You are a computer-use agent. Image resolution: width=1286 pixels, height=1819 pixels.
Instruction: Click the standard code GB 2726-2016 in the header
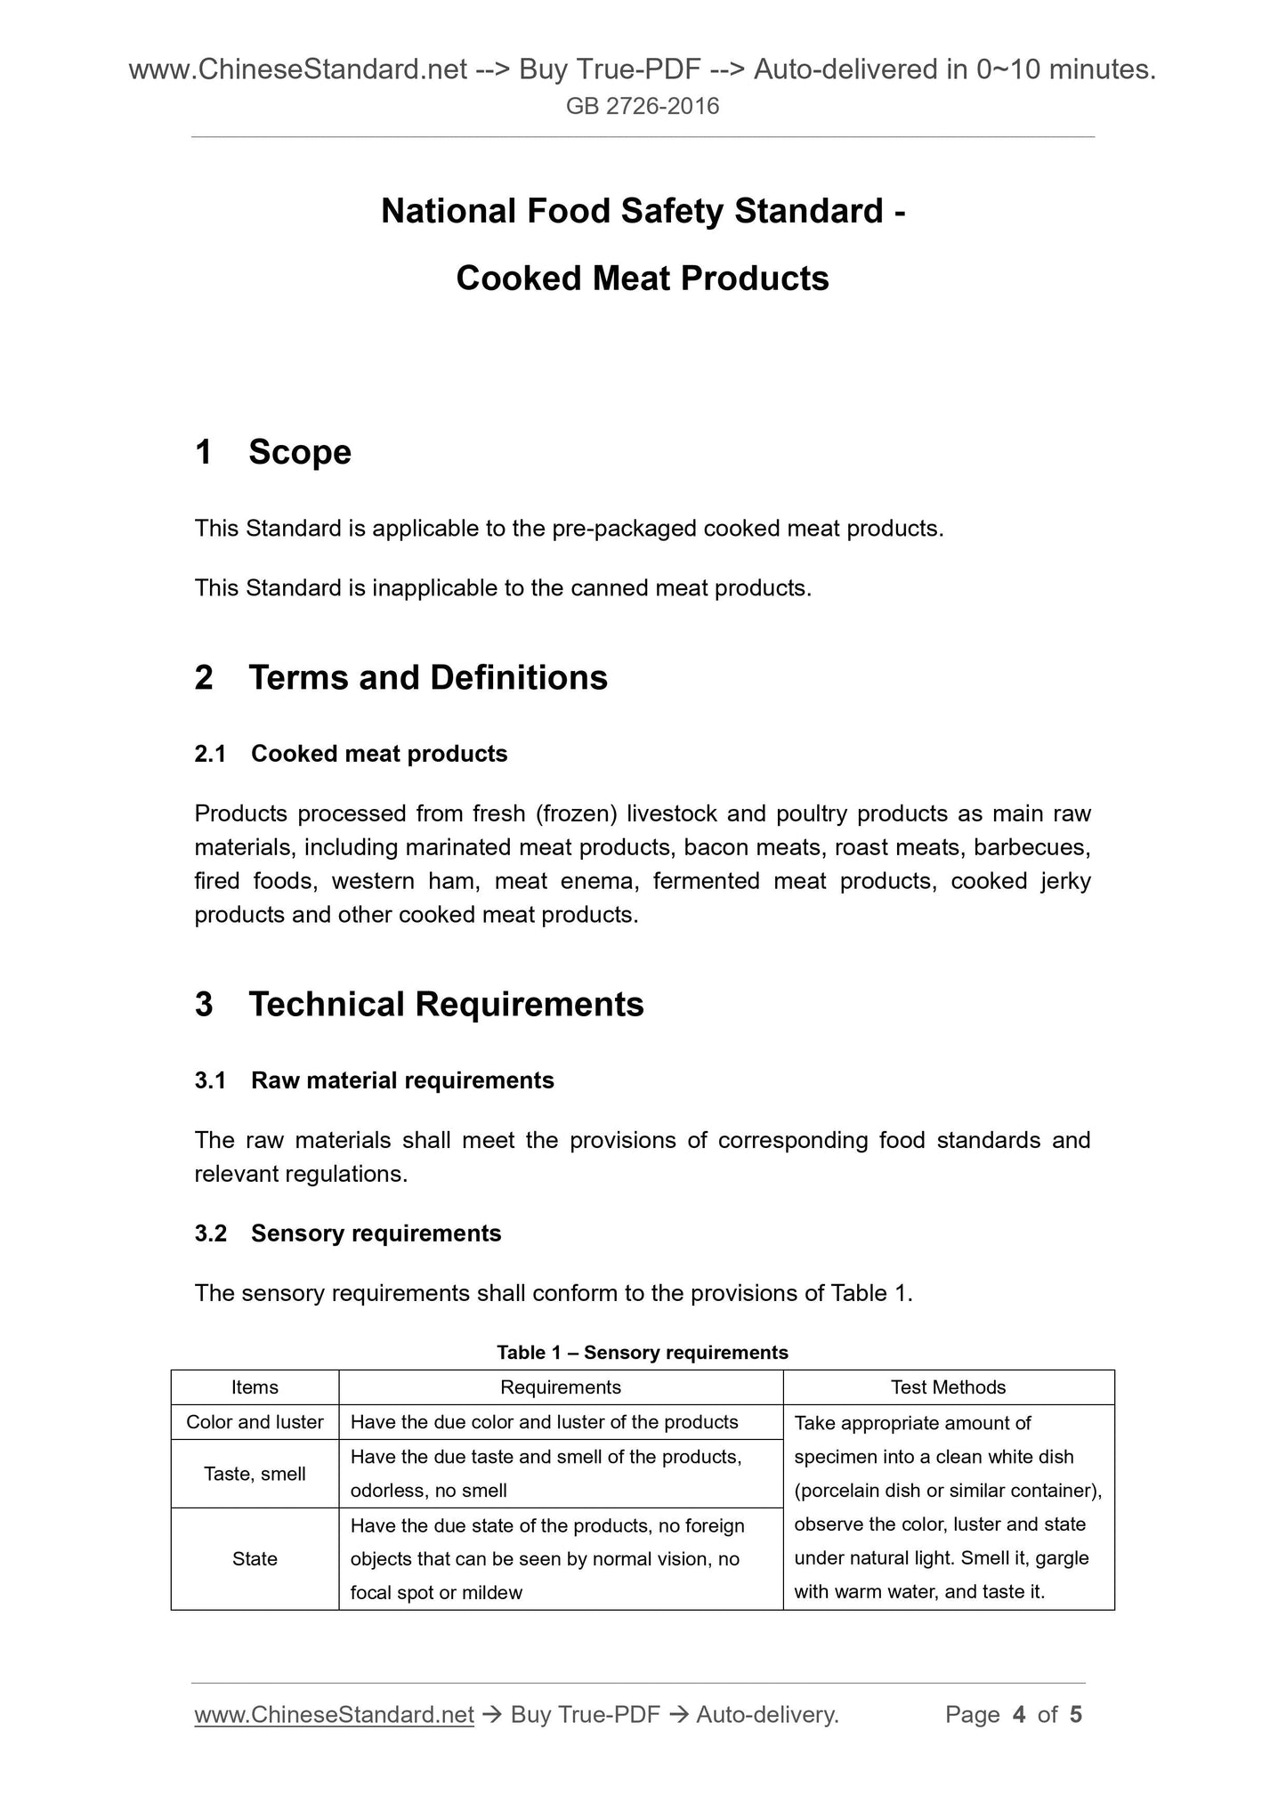[643, 107]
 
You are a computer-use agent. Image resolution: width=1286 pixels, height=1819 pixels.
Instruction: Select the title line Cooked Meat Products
[643, 279]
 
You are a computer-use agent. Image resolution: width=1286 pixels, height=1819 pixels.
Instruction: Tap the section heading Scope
[300, 452]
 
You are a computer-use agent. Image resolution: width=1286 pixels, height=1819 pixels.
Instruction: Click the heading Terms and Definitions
[428, 678]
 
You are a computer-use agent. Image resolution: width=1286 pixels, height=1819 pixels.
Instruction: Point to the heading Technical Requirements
[446, 1005]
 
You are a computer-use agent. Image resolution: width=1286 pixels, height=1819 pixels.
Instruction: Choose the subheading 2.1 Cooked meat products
[351, 754]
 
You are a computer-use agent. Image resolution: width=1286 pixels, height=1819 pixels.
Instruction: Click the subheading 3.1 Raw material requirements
[374, 1080]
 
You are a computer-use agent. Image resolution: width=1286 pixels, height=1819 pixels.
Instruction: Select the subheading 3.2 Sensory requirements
[348, 1233]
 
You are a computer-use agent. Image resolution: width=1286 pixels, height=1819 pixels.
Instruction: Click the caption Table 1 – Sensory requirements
[643, 1353]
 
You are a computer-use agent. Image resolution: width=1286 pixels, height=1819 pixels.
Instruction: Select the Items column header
[255, 1387]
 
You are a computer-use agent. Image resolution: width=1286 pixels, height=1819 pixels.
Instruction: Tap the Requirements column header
[561, 1387]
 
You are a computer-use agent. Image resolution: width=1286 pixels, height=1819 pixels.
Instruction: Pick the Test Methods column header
[949, 1387]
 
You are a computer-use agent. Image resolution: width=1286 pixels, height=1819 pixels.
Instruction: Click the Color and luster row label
[255, 1422]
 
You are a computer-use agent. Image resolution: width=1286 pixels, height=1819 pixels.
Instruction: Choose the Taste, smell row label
[255, 1474]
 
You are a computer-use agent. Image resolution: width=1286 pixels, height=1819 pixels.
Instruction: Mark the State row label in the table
[255, 1558]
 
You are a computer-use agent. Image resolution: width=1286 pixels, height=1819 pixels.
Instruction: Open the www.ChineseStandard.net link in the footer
[334, 1715]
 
